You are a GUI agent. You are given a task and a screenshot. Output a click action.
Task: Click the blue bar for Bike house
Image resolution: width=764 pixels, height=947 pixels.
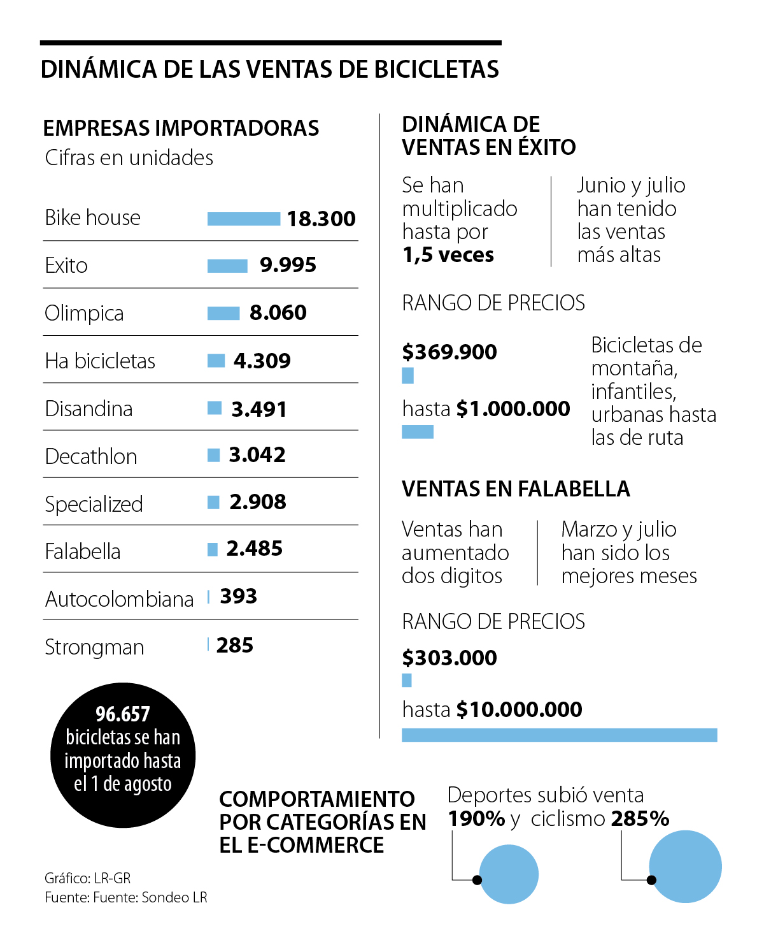point(243,219)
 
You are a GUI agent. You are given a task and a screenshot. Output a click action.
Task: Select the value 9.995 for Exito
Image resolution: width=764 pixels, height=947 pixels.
point(288,265)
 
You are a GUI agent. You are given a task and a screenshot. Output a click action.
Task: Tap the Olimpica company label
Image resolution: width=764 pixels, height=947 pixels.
point(84,314)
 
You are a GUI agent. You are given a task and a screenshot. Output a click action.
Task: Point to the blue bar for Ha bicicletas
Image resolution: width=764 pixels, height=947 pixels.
point(216,361)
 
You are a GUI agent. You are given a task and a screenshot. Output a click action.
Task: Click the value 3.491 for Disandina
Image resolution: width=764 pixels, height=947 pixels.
point(258,409)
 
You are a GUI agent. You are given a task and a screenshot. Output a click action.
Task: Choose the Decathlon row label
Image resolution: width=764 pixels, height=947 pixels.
point(91,456)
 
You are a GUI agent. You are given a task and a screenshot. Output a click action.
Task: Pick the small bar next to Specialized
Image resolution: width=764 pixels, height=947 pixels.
point(213,503)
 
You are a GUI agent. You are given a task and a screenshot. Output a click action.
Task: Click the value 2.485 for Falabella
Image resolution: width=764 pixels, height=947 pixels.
point(254,549)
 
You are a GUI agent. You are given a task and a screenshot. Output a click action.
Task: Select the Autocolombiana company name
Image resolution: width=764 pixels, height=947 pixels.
point(119,599)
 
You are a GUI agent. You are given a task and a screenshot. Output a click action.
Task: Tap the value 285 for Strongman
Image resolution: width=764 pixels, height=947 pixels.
point(234,646)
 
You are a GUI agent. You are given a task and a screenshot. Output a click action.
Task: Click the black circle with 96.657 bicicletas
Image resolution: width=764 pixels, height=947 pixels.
point(123,755)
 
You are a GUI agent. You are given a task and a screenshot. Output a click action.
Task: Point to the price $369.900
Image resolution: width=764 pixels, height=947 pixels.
point(449,352)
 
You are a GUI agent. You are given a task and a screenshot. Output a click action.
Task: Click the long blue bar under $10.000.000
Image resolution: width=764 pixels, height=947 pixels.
point(559,735)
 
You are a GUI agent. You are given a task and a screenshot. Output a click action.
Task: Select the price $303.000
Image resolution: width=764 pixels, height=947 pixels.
point(449,658)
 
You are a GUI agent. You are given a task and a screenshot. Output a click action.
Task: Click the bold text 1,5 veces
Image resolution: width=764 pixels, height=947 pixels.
point(448,255)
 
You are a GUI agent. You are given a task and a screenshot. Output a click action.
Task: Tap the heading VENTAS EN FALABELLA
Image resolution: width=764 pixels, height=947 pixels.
point(516,489)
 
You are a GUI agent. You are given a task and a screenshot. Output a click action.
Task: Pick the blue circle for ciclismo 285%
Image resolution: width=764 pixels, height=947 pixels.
point(685,866)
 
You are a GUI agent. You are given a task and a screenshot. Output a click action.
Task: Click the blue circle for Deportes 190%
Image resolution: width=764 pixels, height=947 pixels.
point(509,874)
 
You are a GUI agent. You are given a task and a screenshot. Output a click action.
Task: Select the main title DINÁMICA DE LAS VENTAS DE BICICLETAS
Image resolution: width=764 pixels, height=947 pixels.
point(270,69)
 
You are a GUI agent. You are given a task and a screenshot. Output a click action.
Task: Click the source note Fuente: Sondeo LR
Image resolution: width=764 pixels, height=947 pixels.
point(126,897)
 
